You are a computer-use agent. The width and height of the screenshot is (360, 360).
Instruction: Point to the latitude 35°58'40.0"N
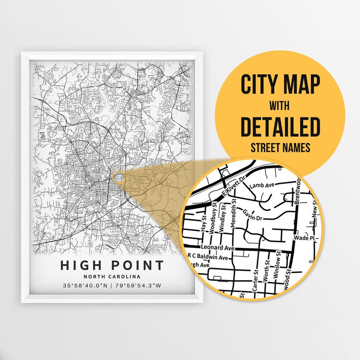point(85,285)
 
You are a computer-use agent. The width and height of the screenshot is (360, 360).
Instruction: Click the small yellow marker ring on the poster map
point(118,177)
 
